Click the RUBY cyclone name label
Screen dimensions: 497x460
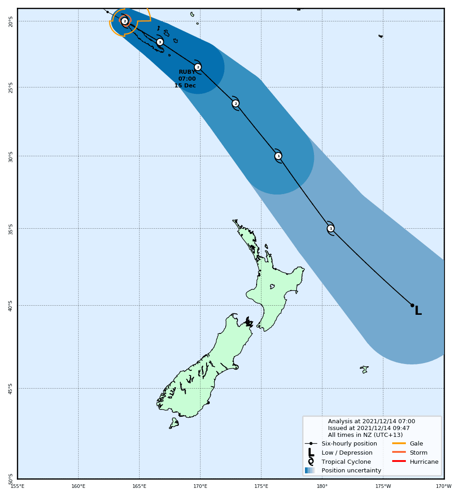pos(187,72)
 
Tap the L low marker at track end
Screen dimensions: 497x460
pos(418,311)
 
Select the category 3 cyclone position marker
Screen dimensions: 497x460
pos(160,42)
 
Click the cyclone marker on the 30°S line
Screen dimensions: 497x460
pos(278,156)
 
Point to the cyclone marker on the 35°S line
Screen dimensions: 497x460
pos(331,228)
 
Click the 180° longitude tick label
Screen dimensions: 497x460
pos(322,486)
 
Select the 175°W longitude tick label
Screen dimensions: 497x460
pos(383,486)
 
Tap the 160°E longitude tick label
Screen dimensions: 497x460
pos(78,486)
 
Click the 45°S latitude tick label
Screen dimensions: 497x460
pos(10,389)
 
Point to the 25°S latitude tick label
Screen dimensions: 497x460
pos(10,87)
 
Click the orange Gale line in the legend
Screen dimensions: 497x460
pos(399,443)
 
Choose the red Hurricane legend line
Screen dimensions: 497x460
pos(399,461)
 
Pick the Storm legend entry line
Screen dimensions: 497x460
pos(399,452)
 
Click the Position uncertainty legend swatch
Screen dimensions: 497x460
pos(310,471)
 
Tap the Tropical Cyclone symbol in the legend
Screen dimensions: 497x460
pos(311,461)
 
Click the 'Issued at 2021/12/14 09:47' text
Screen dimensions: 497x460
pos(369,428)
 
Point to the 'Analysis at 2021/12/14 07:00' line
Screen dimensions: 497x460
pos(371,421)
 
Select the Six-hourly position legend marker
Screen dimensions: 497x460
pos(311,443)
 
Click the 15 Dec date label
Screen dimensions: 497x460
pos(185,86)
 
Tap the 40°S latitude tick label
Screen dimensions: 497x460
pos(10,306)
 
